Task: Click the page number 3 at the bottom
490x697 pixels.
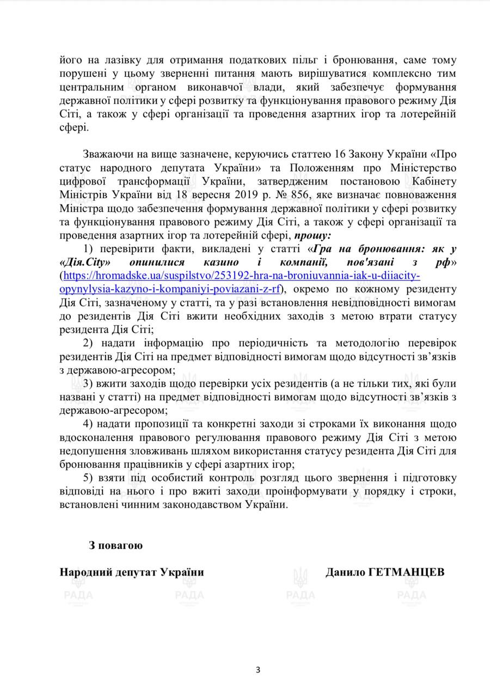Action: click(258, 670)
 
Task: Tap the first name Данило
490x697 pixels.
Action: click(344, 572)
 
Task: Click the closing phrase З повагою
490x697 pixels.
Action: click(115, 545)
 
